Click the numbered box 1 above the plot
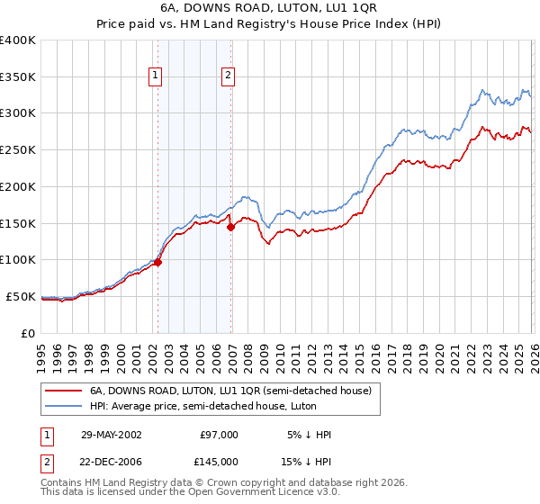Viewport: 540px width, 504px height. [157, 76]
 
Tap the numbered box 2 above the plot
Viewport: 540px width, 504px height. [229, 76]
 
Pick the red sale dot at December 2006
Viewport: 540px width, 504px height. [230, 227]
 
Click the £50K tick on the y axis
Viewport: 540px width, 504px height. [20, 296]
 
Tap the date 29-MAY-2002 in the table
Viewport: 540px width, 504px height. [112, 435]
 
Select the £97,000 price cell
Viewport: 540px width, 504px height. [217, 435]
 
